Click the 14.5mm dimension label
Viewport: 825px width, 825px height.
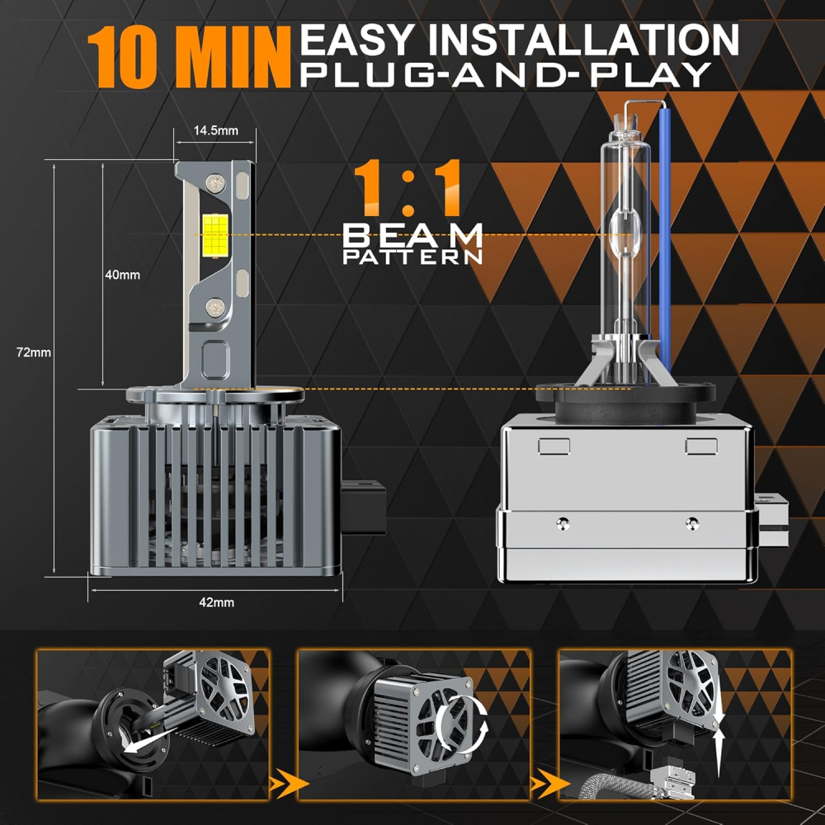pyautogui.click(x=215, y=130)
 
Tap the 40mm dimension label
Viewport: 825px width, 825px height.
pyautogui.click(x=123, y=275)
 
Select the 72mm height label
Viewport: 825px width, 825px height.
pyautogui.click(x=33, y=352)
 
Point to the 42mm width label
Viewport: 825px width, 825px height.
pyautogui.click(x=217, y=602)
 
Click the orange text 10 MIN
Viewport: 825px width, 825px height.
pyautogui.click(x=189, y=58)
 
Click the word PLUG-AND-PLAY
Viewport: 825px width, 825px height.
pyautogui.click(x=506, y=75)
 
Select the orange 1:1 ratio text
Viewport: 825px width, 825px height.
pyautogui.click(x=408, y=188)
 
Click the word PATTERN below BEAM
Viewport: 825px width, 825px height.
pyautogui.click(x=412, y=257)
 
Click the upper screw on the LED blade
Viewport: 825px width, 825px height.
pyautogui.click(x=215, y=183)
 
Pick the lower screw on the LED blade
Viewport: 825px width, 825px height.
pyautogui.click(x=215, y=307)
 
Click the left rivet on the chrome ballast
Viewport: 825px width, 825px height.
pyautogui.click(x=563, y=523)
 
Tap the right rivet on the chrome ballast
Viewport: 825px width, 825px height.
pyautogui.click(x=692, y=523)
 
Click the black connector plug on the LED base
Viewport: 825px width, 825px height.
pyautogui.click(x=364, y=507)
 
